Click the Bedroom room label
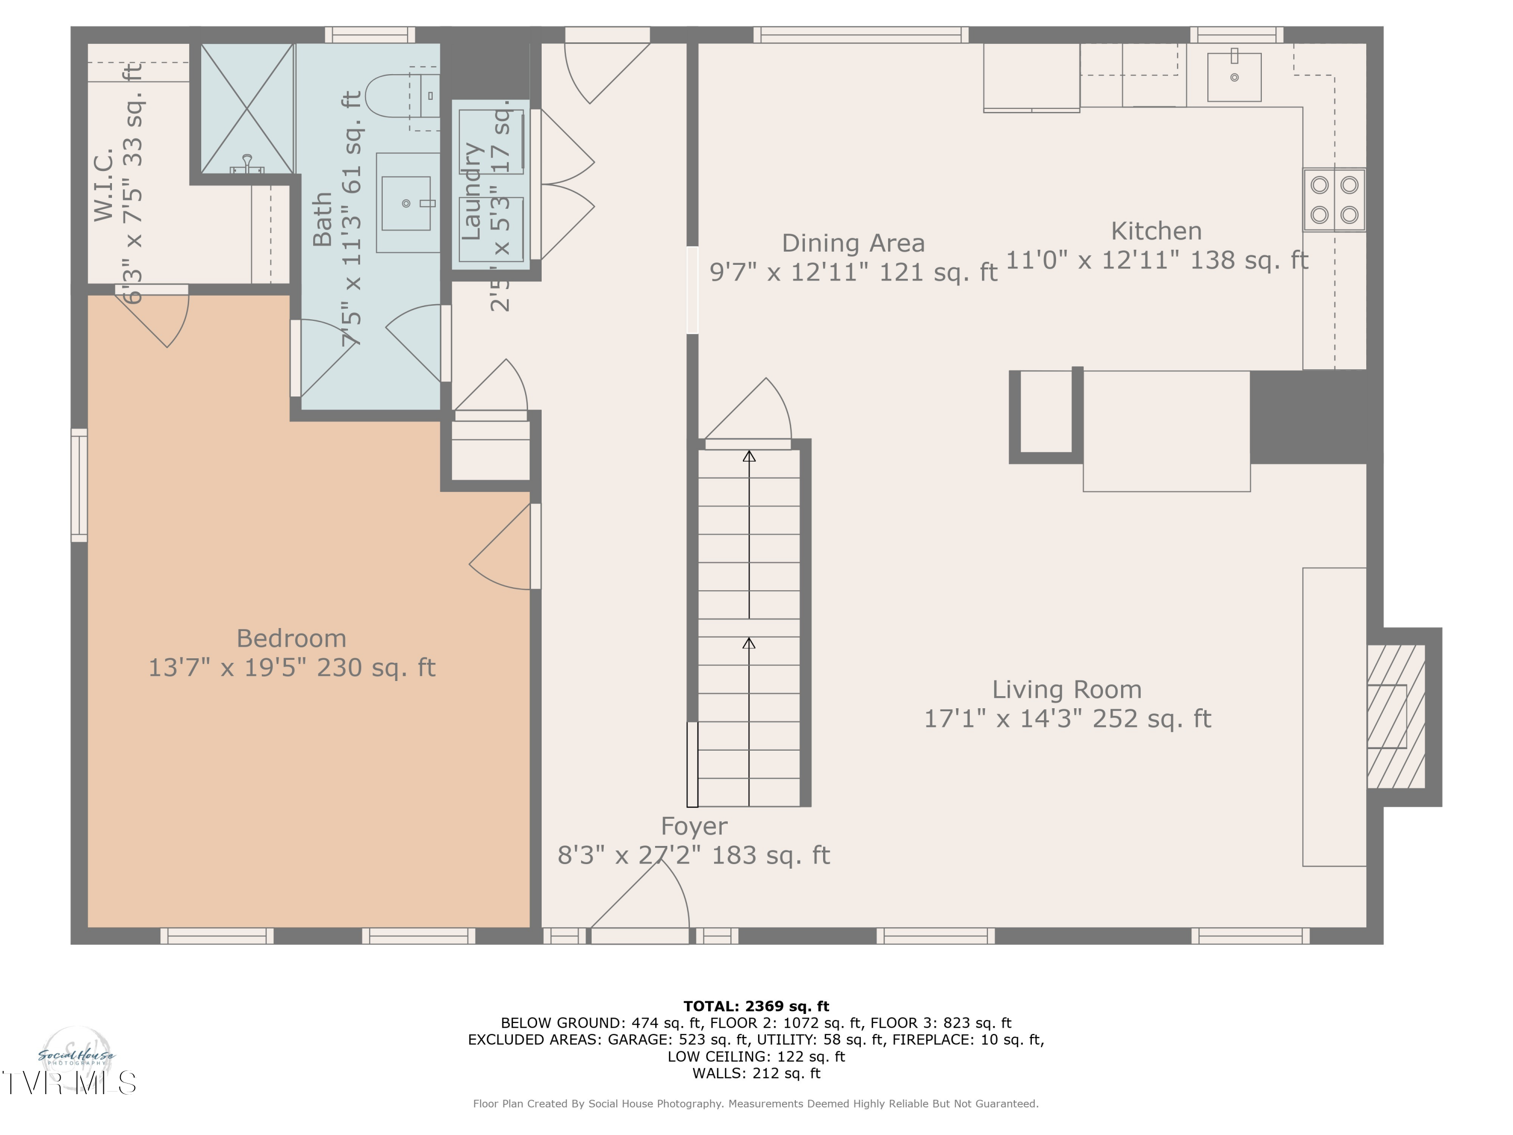tap(292, 638)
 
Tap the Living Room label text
tap(1066, 690)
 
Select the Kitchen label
tap(1156, 231)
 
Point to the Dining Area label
tap(853, 244)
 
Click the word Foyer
tap(693, 826)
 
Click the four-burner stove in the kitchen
tap(1334, 200)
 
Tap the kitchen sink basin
tap(1234, 76)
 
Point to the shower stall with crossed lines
tap(247, 108)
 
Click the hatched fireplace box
tap(1395, 716)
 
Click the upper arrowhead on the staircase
tap(749, 457)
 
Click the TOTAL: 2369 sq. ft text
tap(756, 1006)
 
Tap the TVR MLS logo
tap(69, 1083)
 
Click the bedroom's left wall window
tap(79, 485)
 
